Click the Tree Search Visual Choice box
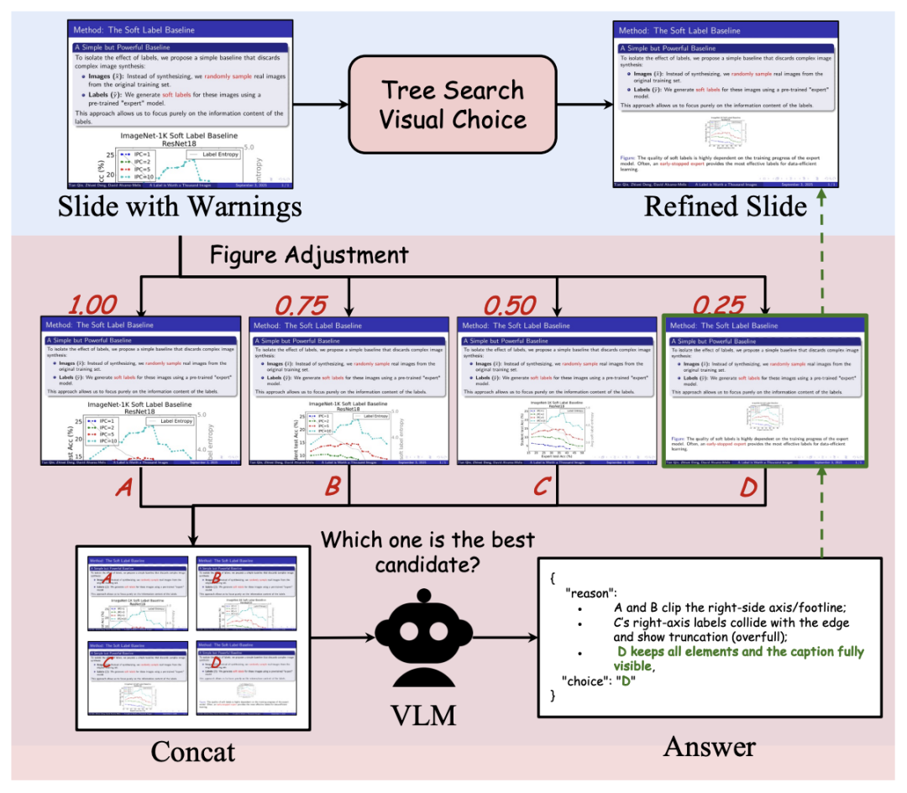[x=453, y=104]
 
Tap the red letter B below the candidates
[x=333, y=488]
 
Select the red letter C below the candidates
[x=542, y=488]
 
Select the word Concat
[x=193, y=749]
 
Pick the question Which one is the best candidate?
[x=427, y=551]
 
